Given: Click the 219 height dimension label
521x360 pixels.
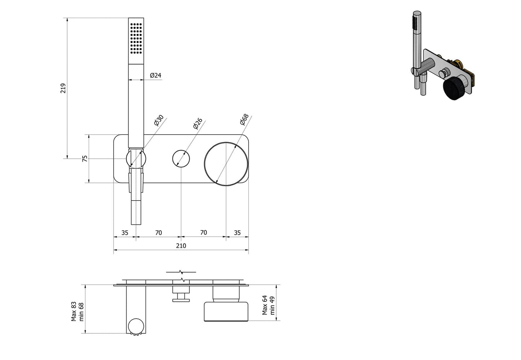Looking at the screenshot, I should point(63,88).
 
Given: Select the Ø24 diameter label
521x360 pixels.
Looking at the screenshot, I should point(155,75).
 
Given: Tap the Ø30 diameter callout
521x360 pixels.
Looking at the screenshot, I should point(159,120).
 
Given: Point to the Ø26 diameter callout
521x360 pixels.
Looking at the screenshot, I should point(198,123).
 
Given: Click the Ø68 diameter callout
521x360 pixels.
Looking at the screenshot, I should point(244,119).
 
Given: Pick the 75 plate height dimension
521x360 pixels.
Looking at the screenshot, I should point(85,158).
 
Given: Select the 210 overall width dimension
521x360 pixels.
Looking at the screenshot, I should point(181,246).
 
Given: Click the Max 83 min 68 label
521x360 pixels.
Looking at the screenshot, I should point(77,312).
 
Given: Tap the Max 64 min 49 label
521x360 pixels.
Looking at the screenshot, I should point(268,305).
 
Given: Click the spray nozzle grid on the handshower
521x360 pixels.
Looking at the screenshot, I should point(136,38).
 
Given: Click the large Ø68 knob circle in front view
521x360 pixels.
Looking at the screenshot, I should point(226,164).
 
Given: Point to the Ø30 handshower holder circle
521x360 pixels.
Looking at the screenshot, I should point(136,159).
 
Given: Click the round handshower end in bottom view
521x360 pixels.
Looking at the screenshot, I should point(136,326).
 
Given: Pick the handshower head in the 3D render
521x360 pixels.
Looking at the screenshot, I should point(417,22).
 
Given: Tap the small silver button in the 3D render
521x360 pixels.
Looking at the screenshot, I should point(442,74).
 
